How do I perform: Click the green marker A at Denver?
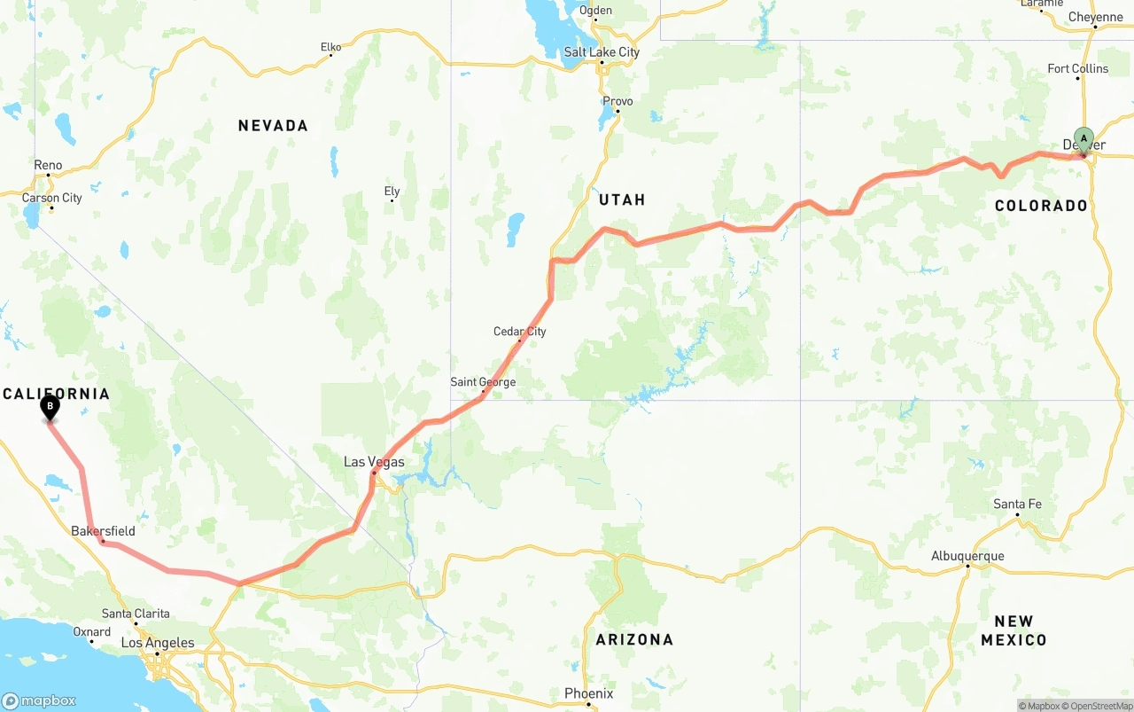point(1084,140)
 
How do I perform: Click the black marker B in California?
point(50,408)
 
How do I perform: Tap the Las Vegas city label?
point(374,462)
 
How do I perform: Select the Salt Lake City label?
point(602,52)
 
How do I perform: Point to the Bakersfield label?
point(103,531)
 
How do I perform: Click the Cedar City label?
point(520,332)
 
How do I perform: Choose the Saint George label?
point(483,382)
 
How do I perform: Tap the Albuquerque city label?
point(967,556)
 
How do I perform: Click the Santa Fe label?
point(1017,505)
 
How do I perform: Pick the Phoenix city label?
point(588,693)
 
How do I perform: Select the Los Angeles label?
point(158,643)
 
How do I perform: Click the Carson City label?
point(51,198)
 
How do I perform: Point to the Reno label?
point(48,165)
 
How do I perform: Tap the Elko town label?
point(330,47)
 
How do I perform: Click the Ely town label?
point(392,192)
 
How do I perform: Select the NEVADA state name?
point(273,126)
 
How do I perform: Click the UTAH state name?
point(622,200)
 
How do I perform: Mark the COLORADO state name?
point(1041,206)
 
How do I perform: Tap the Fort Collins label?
point(1077,68)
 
